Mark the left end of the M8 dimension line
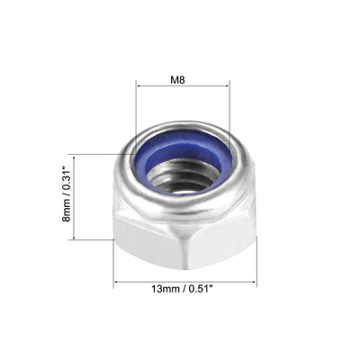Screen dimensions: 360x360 137,85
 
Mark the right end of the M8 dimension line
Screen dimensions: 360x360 229,85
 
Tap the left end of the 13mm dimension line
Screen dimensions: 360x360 113,284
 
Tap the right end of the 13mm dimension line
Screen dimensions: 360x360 256,284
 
